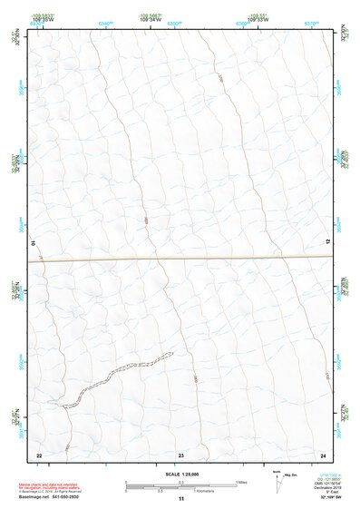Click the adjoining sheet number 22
[39, 454]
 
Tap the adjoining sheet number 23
[181, 454]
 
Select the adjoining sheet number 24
[323, 454]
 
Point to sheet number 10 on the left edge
[34, 243]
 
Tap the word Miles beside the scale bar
[242, 481]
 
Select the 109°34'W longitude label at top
[151, 18]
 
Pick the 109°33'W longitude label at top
[258, 18]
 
